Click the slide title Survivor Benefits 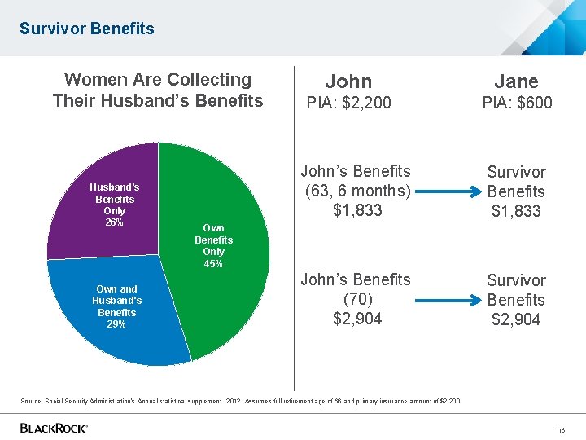[86, 29]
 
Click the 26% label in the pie [115, 222]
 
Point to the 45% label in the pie [213, 264]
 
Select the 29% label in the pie [116, 324]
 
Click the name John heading [348, 81]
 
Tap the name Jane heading [516, 81]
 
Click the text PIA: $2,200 [348, 103]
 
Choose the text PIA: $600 [516, 103]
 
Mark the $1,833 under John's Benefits [356, 211]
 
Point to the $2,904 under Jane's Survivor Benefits [516, 319]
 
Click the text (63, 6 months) [356, 191]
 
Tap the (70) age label [356, 299]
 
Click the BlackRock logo [54, 428]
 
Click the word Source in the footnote [34, 401]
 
